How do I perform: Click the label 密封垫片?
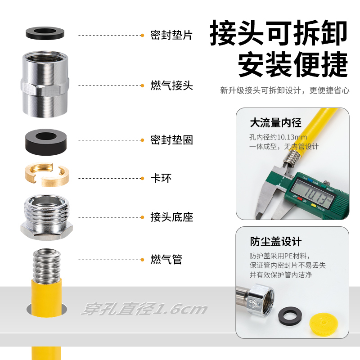[171, 36]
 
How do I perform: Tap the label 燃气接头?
[171, 85]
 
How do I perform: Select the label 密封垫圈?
[171, 140]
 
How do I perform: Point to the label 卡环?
[161, 178]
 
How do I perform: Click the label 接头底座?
[172, 217]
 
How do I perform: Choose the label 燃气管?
[166, 260]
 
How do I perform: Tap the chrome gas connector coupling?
[45, 84]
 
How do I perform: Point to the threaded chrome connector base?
[47, 217]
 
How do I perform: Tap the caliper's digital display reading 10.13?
[312, 194]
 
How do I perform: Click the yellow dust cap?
[324, 324]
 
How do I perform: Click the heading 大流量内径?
[275, 122]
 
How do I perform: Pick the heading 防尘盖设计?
[276, 242]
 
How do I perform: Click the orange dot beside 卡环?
[142, 178]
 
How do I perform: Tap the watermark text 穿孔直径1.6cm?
[144, 309]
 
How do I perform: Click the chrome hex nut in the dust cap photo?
[260, 299]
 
